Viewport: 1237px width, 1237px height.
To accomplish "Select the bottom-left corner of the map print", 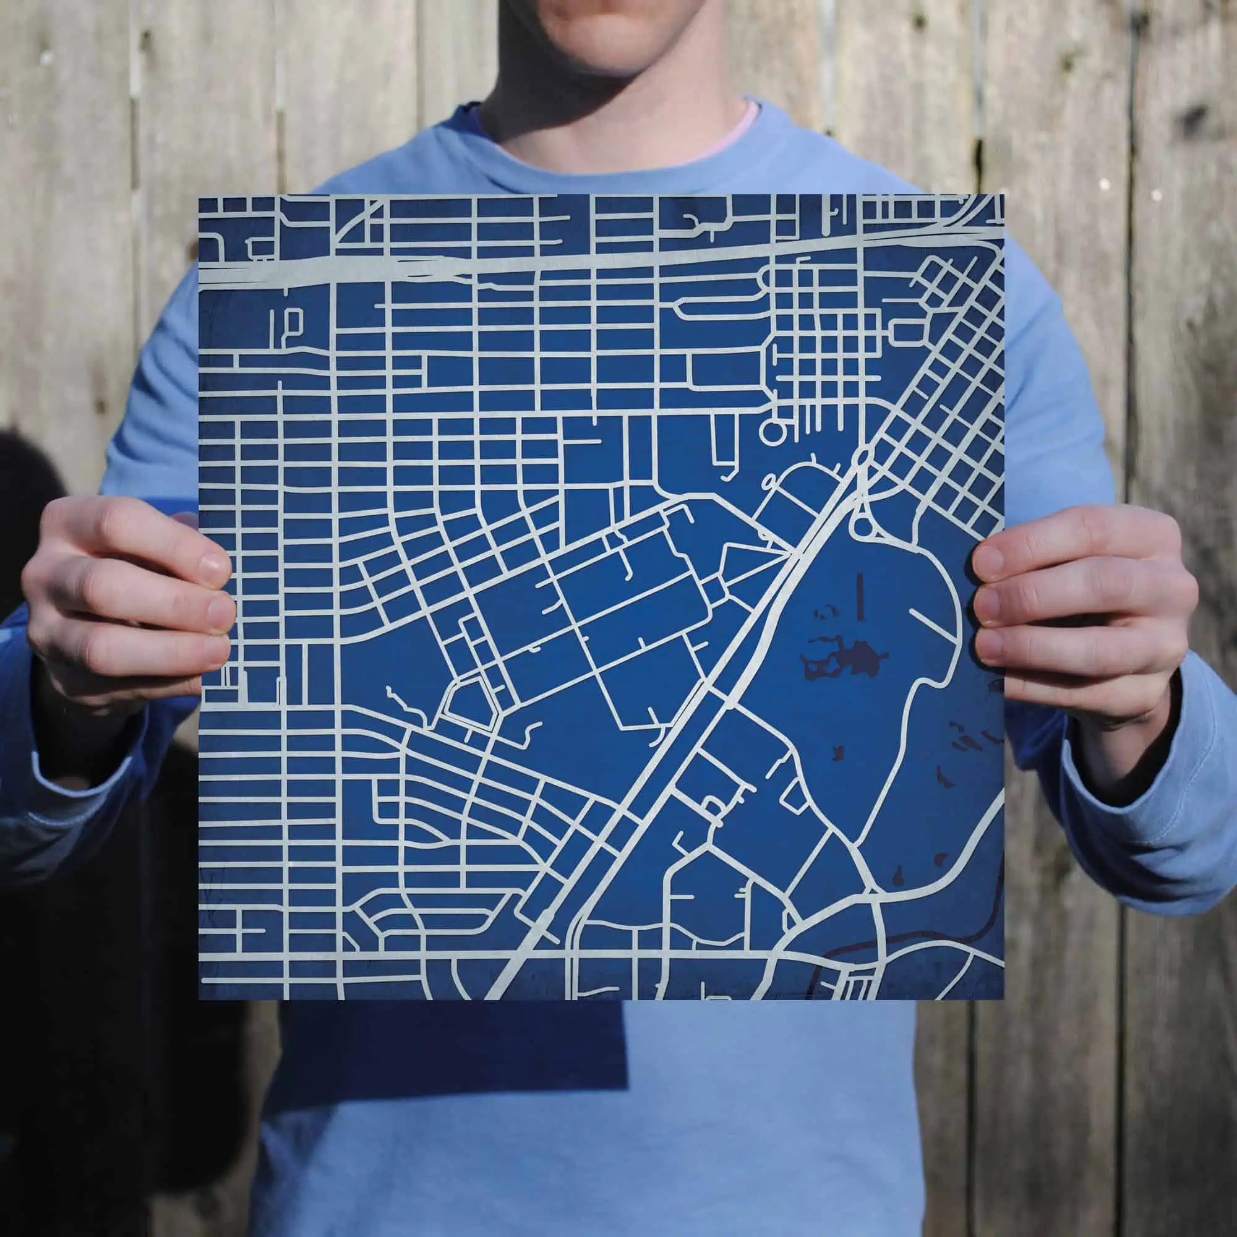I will tap(200, 999).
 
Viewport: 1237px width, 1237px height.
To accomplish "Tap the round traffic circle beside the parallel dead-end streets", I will tap(771, 433).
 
